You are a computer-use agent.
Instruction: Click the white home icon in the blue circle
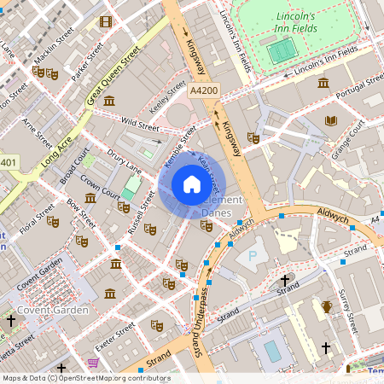tap(192, 184)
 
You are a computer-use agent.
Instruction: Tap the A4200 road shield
tap(204, 90)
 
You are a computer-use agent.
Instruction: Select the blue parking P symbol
tap(251, 255)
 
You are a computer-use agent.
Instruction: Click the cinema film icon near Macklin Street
tap(105, 21)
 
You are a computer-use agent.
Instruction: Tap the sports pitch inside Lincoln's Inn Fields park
tap(279, 52)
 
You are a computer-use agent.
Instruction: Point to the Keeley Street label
tap(166, 97)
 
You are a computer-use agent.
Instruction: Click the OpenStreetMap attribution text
tap(85, 377)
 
